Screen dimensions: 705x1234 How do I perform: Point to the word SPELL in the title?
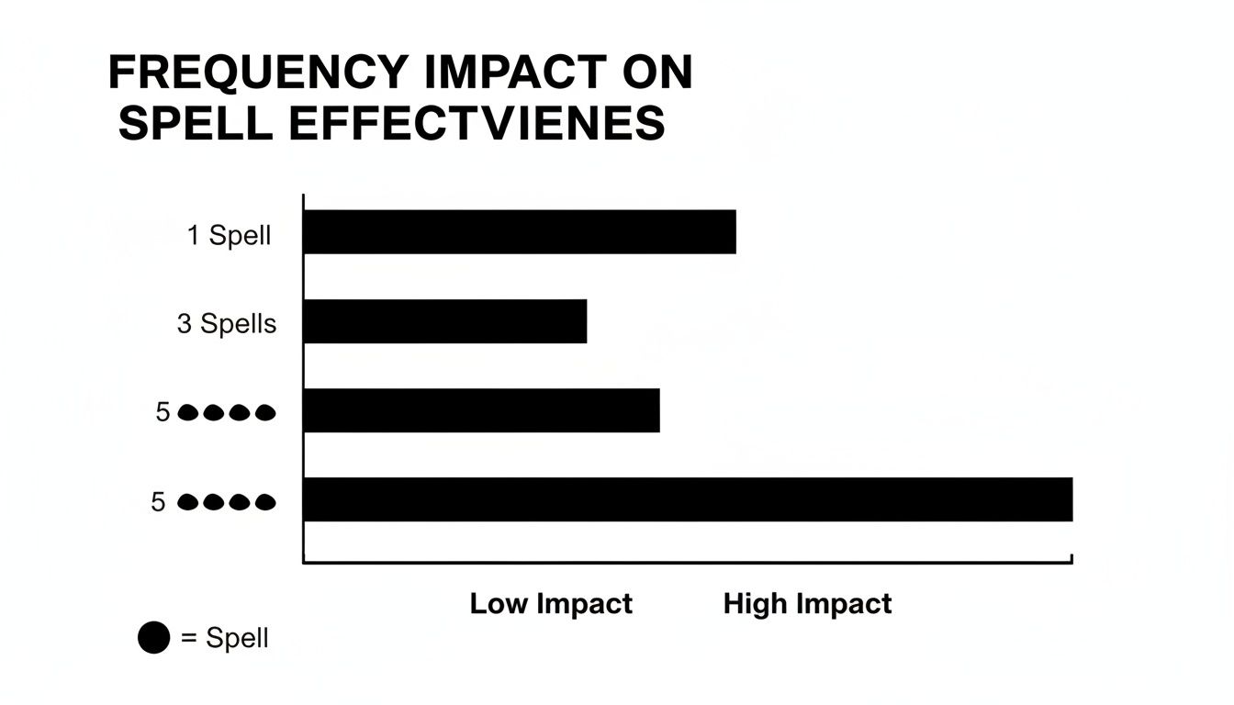[196, 123]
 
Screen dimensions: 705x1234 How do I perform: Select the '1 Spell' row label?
[230, 235]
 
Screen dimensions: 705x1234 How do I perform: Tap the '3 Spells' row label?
[227, 324]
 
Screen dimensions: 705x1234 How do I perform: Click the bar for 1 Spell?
[519, 231]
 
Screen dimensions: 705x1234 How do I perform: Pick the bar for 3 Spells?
[444, 321]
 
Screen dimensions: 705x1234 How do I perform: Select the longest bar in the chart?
[687, 499]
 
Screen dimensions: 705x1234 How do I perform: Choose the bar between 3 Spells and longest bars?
[481, 410]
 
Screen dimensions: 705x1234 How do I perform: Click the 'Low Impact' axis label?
[551, 604]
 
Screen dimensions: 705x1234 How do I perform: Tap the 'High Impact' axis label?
[807, 604]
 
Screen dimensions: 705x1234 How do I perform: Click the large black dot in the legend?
[154, 638]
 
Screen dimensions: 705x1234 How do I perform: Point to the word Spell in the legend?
[237, 638]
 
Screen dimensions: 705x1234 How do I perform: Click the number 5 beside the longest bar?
[159, 502]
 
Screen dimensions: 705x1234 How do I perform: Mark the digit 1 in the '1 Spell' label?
[194, 235]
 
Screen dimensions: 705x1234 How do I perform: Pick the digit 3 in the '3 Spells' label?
[185, 324]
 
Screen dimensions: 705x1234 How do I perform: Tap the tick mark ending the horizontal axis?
[1071, 558]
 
